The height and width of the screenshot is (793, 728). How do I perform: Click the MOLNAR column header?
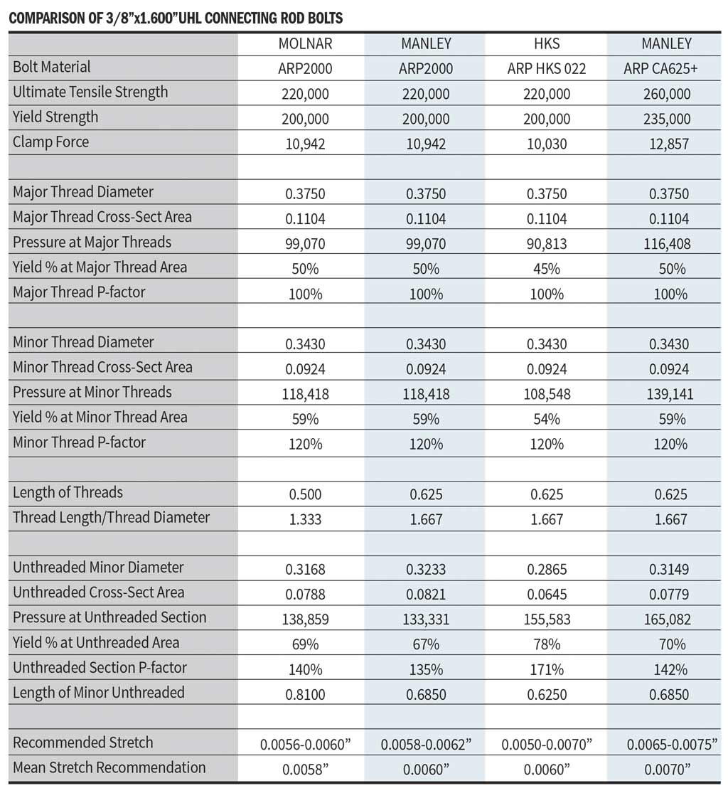click(x=305, y=44)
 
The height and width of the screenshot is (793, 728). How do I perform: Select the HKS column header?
click(x=546, y=44)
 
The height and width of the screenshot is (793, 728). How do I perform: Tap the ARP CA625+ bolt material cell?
click(x=666, y=69)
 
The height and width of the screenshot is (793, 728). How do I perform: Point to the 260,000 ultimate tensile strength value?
click(x=666, y=94)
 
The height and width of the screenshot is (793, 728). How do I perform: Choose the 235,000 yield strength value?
click(x=666, y=119)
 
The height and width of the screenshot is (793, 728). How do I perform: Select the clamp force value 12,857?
click(x=666, y=144)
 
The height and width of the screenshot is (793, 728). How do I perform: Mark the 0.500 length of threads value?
click(x=304, y=494)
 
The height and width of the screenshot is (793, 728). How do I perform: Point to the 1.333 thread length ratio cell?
click(x=304, y=519)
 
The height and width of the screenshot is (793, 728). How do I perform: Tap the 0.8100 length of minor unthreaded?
click(x=304, y=694)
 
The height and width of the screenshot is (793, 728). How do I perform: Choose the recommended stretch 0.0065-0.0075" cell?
click(x=666, y=744)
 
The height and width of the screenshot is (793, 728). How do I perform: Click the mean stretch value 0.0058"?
click(x=304, y=769)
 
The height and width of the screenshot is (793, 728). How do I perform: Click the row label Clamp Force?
click(x=51, y=142)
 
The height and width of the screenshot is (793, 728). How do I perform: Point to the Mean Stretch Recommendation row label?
click(x=109, y=767)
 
